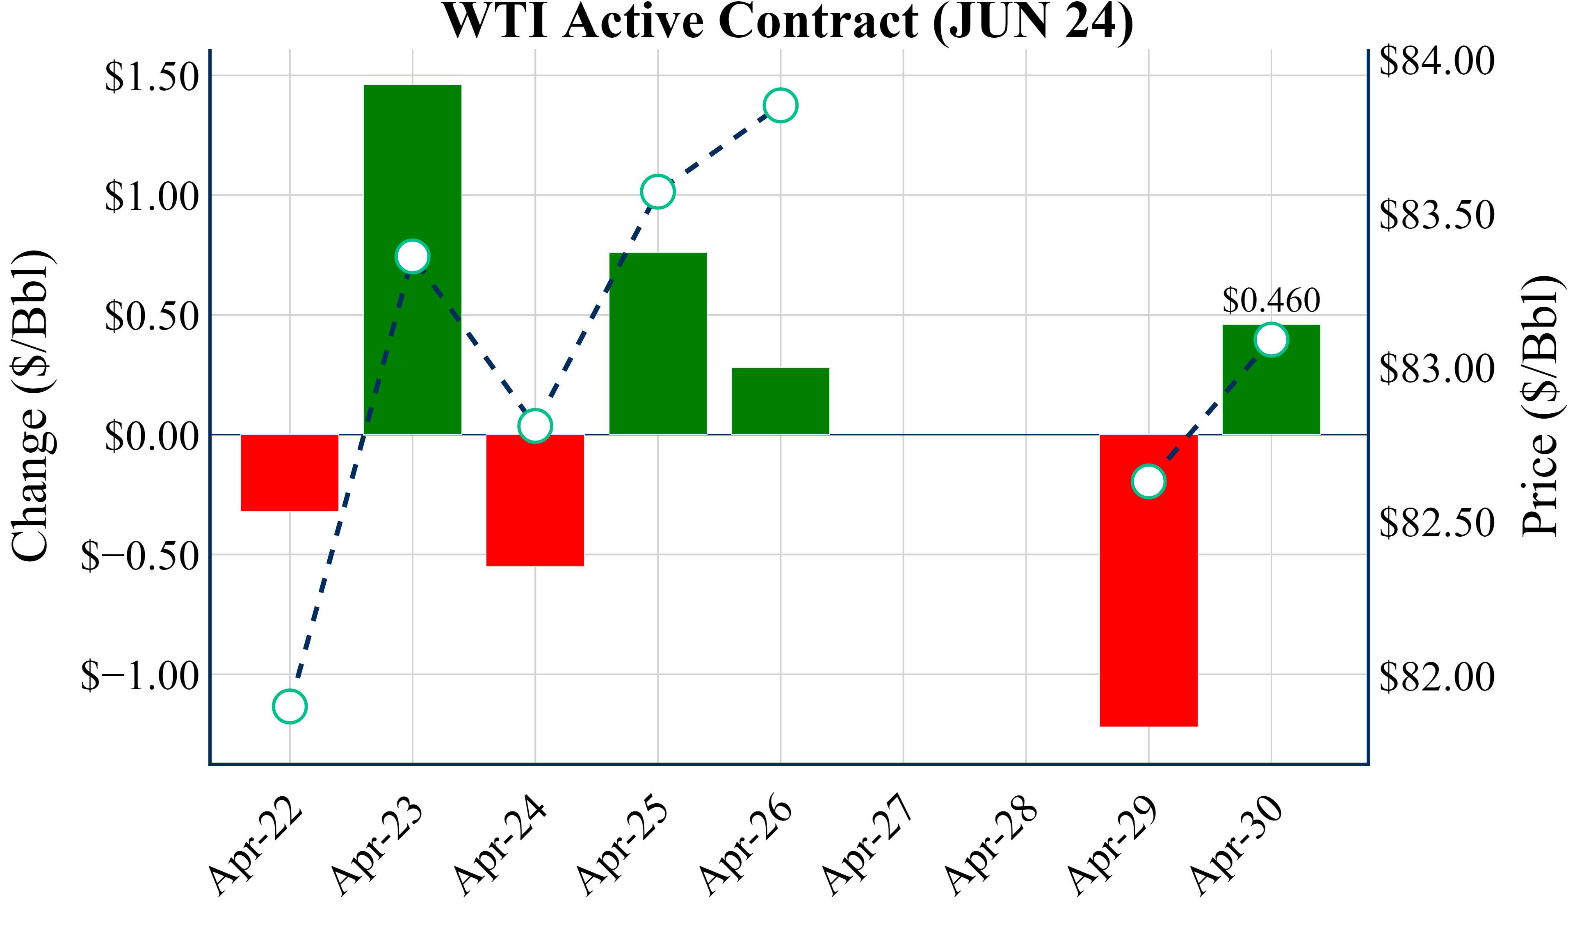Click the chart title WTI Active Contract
pos(787,21)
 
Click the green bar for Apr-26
pos(781,401)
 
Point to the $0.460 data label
pos(1271,301)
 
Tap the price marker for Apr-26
pos(781,105)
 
